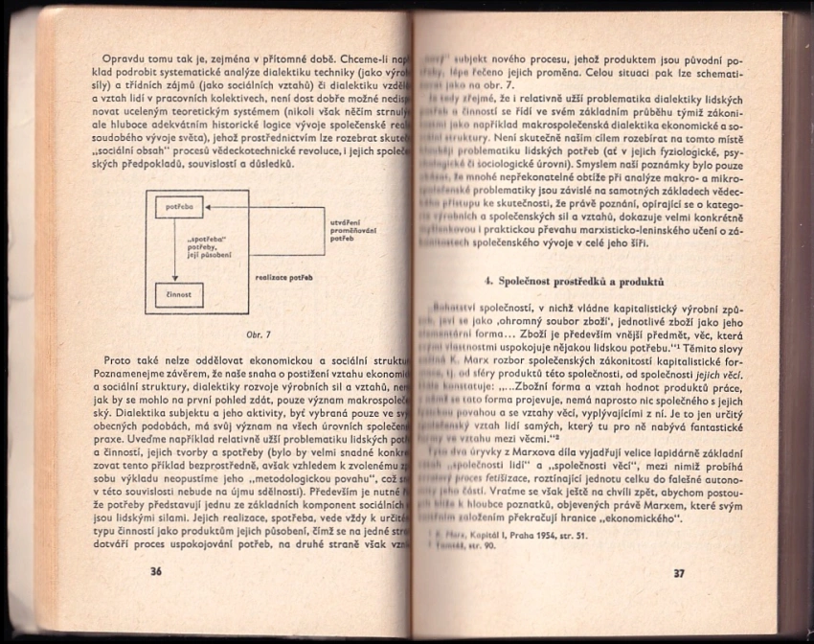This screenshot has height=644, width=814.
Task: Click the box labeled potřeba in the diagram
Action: click(179, 206)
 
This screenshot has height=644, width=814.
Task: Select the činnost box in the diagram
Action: click(179, 295)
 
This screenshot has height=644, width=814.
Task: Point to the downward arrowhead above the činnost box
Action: click(179, 279)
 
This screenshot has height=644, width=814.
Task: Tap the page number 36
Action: click(157, 572)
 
